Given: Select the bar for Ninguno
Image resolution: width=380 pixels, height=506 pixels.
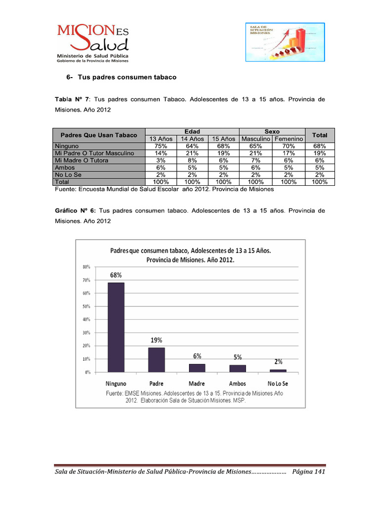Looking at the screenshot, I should click(x=116, y=327).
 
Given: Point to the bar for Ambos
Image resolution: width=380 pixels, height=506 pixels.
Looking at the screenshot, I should click(x=237, y=369).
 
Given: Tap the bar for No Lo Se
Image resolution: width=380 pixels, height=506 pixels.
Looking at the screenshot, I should click(x=278, y=371).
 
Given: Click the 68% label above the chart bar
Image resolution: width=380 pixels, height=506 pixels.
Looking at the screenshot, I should click(x=116, y=275).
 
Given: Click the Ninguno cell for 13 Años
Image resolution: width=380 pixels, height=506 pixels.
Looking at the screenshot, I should click(x=160, y=146).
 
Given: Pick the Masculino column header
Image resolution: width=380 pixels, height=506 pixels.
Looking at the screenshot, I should click(x=255, y=139).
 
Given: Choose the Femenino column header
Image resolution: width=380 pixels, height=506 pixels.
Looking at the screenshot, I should click(x=288, y=139).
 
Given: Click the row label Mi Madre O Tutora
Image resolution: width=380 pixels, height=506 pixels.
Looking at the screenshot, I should click(x=82, y=161).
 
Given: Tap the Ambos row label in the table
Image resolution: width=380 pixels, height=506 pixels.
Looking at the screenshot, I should click(x=65, y=168).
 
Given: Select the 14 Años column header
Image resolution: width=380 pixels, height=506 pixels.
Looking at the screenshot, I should click(x=192, y=139).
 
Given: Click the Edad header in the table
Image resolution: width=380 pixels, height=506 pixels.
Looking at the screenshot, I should click(x=192, y=132).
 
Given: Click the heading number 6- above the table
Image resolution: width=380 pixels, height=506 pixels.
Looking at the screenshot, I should click(x=70, y=78).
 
